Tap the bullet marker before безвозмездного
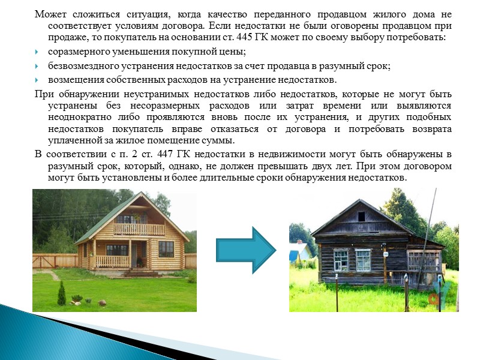pos(38,67)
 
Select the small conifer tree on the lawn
pos(61,293)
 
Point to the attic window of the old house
pos(361,217)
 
